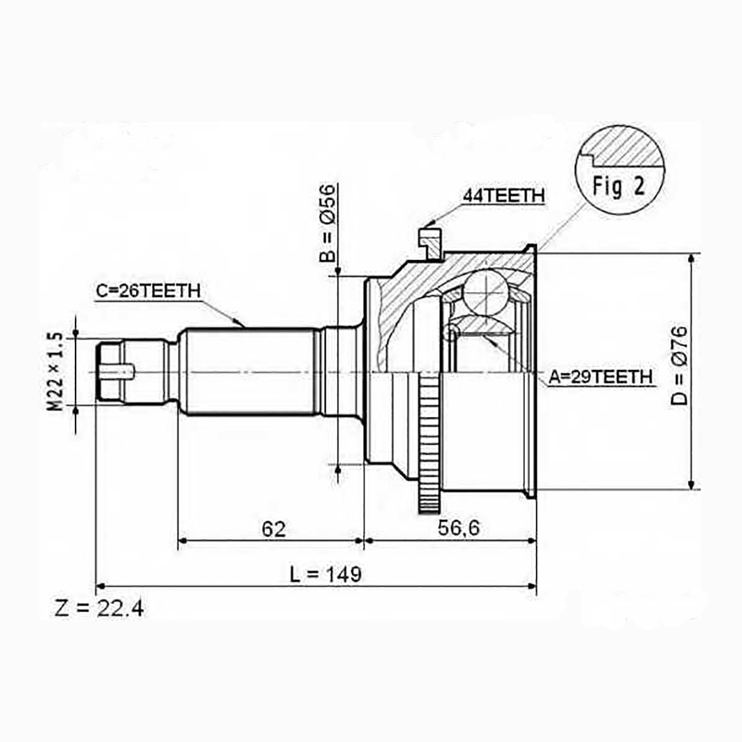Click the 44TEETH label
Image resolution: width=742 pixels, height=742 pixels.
pos(503,195)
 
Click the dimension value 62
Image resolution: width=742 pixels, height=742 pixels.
pos(274,529)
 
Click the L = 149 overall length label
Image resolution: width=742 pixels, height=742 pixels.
pos(325,574)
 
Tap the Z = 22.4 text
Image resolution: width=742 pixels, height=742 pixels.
pos(99,609)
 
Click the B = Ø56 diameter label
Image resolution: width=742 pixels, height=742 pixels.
pos(327,223)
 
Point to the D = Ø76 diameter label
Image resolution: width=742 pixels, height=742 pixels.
pos(679,365)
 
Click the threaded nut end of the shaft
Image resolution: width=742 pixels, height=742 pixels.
pos(112,372)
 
